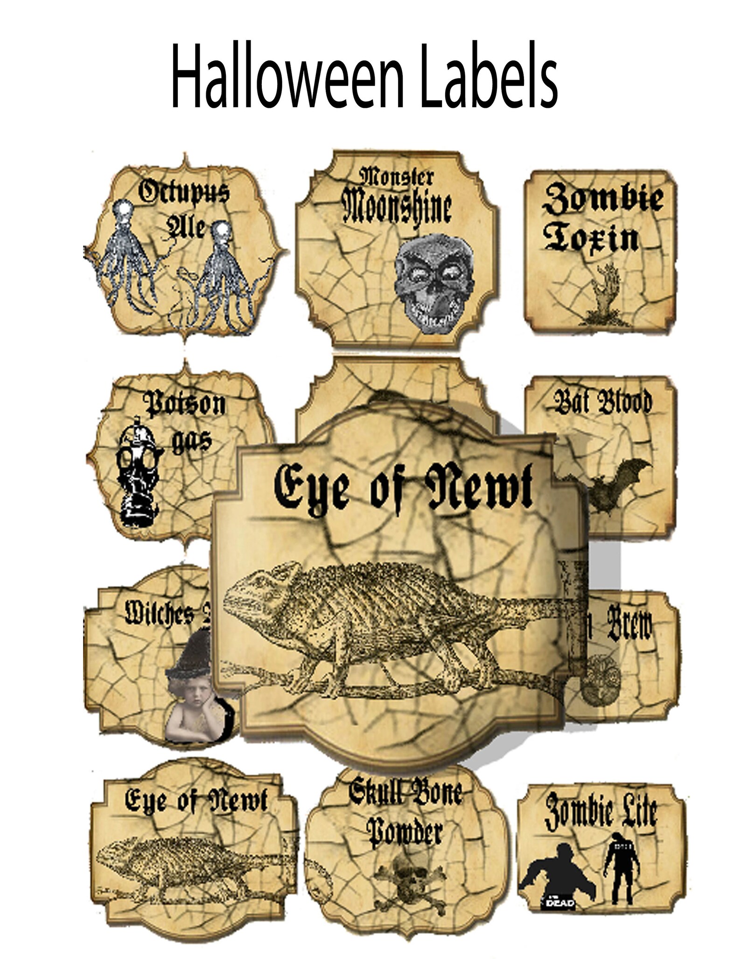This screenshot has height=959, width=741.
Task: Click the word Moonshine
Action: [x=397, y=208]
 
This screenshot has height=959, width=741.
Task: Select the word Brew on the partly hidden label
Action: [x=630, y=625]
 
